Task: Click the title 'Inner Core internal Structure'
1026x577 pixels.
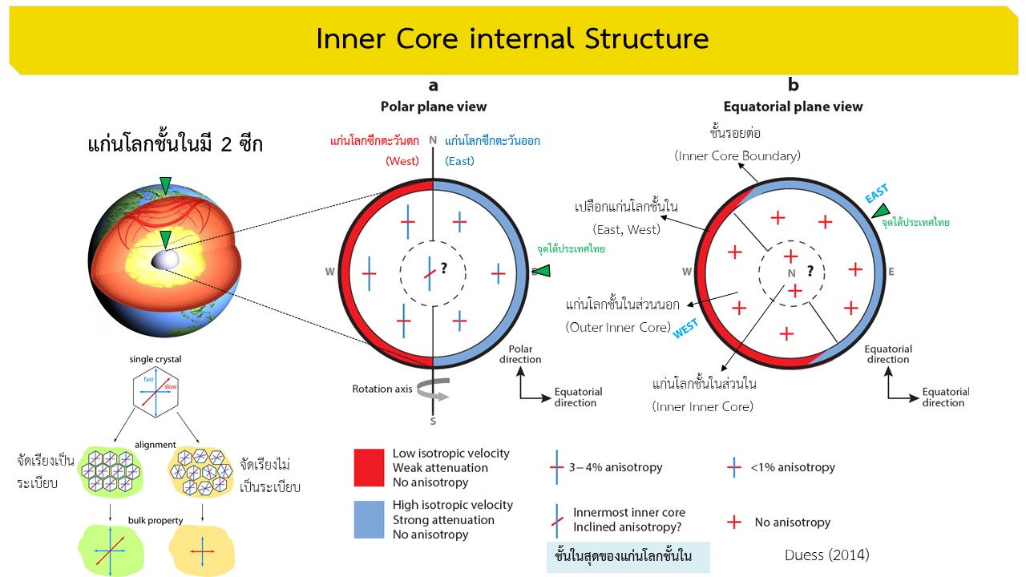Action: coord(512,38)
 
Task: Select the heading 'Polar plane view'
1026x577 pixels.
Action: coord(433,107)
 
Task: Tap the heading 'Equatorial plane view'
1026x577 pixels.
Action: coord(793,107)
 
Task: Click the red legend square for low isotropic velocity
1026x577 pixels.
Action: coord(370,467)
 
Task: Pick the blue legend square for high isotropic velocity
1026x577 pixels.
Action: coord(370,519)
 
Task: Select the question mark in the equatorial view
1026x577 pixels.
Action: coord(810,270)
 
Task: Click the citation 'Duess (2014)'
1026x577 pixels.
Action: coord(827,555)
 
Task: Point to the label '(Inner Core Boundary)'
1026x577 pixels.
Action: coord(737,156)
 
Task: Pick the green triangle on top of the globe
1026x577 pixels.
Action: coord(165,186)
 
